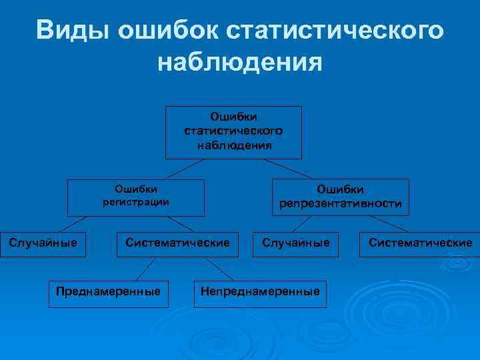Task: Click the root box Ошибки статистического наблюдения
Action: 233,132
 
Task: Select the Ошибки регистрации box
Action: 136,197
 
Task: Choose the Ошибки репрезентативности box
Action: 341,197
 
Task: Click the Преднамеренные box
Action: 108,291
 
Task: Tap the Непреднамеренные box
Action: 261,291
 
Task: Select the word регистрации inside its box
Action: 136,202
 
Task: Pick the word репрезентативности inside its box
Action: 341,204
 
